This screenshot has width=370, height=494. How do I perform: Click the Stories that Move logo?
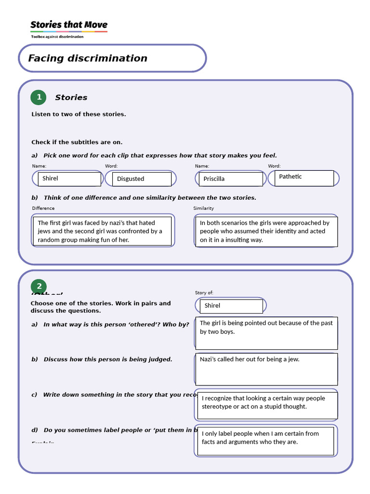point(69,25)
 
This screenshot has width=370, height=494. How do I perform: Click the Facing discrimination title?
point(88,58)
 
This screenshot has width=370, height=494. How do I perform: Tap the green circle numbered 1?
point(39,97)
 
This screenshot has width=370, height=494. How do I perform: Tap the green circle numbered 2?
point(39,287)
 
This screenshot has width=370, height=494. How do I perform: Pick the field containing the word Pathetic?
point(305,178)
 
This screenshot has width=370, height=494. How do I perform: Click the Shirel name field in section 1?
point(69,178)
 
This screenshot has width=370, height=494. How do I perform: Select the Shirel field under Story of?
point(232,306)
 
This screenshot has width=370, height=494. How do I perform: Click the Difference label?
point(43,208)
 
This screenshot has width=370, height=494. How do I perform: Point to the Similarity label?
point(204,208)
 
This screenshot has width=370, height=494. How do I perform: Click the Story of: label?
point(204,293)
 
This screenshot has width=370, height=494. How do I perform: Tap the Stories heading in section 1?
point(71,97)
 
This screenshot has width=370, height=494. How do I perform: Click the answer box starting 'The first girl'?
point(102,231)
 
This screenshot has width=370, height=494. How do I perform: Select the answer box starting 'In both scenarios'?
point(266,231)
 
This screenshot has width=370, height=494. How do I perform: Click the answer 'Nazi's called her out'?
point(266,369)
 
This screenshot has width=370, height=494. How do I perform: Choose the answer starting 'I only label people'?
point(265,440)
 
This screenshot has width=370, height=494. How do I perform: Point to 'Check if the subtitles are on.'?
point(77,142)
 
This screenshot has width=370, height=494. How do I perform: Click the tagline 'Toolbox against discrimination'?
point(57,37)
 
